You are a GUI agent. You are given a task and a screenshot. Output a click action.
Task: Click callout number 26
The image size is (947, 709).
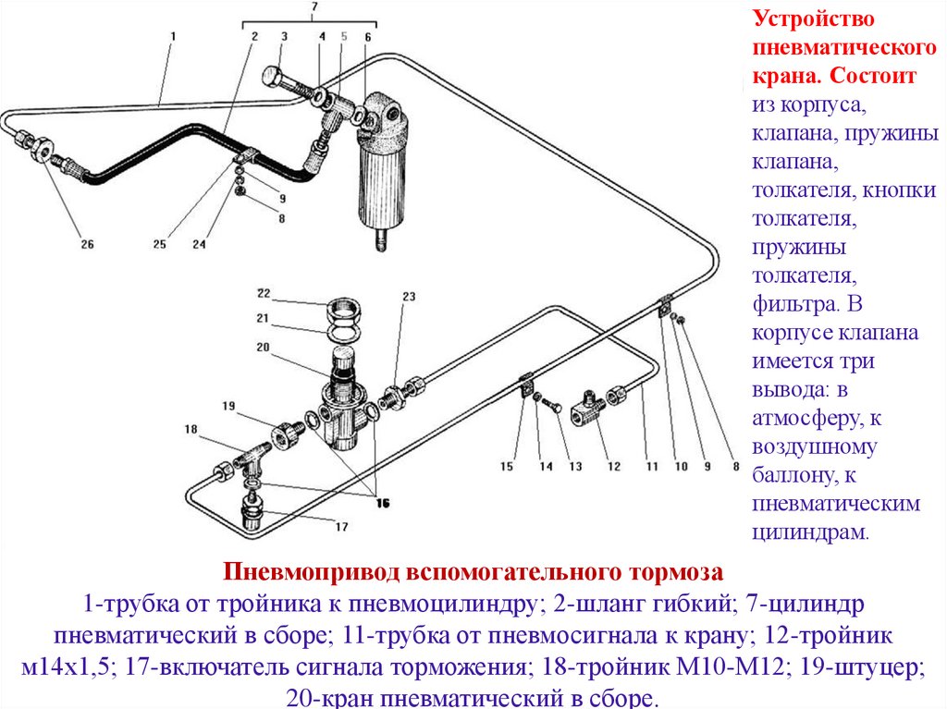(87, 245)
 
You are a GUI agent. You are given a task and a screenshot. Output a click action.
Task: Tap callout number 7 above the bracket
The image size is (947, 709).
(314, 8)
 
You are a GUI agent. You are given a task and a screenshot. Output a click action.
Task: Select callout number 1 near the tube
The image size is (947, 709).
(172, 36)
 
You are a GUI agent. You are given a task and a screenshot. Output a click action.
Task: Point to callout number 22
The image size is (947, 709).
(263, 293)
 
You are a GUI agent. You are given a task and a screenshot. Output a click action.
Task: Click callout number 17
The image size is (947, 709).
(341, 527)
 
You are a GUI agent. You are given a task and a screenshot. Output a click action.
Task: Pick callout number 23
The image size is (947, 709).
(409, 297)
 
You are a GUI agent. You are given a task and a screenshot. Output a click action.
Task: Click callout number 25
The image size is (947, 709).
(160, 245)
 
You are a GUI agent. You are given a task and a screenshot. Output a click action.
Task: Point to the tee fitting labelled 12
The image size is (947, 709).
(588, 402)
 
